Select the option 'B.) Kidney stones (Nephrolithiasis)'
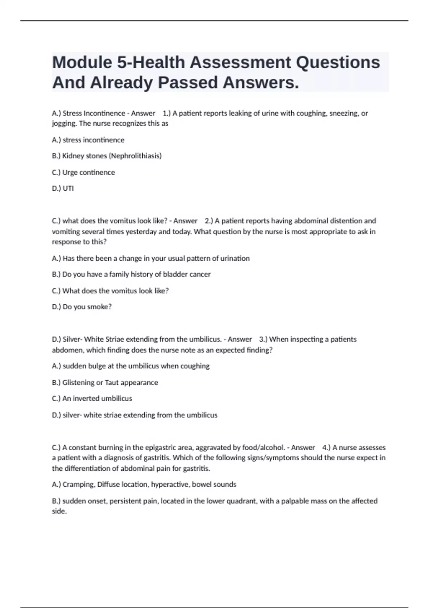pos(107,156)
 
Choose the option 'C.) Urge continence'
pos(83,172)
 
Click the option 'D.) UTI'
pos(63,188)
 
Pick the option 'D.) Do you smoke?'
pos(82,307)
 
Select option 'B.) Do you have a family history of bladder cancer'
pos(131,274)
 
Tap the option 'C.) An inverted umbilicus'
pos(92,398)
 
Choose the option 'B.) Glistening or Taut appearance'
pos(105,382)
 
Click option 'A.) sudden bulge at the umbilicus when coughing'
pos(131,366)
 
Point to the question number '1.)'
pos(167,113)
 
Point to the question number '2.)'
pos(209,221)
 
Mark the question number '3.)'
pos(263,339)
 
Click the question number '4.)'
pos(326,447)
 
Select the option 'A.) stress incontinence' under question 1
pos(88,140)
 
